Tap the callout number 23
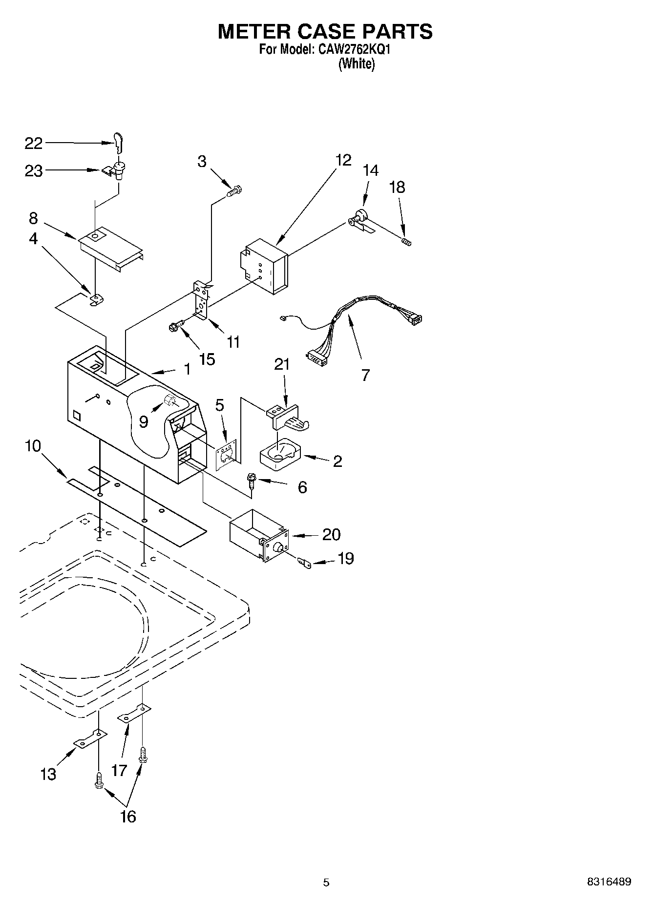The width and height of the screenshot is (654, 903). click(x=34, y=171)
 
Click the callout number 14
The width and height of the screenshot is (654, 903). click(x=371, y=170)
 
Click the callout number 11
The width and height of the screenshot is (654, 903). click(x=233, y=342)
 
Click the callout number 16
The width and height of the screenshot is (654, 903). click(x=128, y=817)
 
